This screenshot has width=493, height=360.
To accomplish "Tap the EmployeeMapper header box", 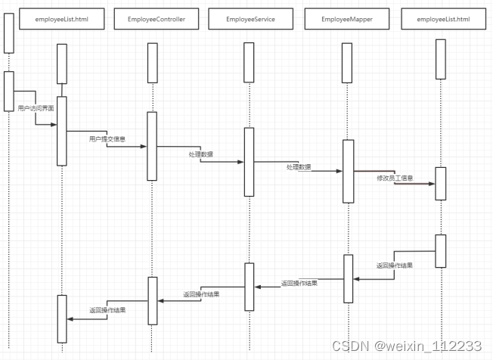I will (x=346, y=18).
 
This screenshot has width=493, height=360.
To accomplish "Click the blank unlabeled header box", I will (x=8, y=29).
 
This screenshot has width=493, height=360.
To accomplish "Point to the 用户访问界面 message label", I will (x=36, y=109).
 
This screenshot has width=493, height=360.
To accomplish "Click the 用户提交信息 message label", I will (x=107, y=139).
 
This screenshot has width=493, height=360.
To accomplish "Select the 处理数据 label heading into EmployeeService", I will (x=200, y=154).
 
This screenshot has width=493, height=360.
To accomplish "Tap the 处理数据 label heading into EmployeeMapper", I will (x=299, y=166).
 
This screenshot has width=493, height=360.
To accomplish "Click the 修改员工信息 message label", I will (x=395, y=178).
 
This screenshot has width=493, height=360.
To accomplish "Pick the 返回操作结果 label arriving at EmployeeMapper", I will (x=395, y=265).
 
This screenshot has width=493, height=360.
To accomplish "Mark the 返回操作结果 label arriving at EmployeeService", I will (x=299, y=283).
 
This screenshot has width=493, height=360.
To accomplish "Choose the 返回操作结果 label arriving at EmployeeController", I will (x=200, y=294).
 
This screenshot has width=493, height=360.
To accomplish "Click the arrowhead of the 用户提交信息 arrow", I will (x=143, y=147).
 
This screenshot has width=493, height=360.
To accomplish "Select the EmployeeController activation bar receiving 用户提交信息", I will (x=152, y=146).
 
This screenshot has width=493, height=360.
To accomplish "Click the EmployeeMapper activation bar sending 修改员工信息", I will (x=348, y=171).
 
